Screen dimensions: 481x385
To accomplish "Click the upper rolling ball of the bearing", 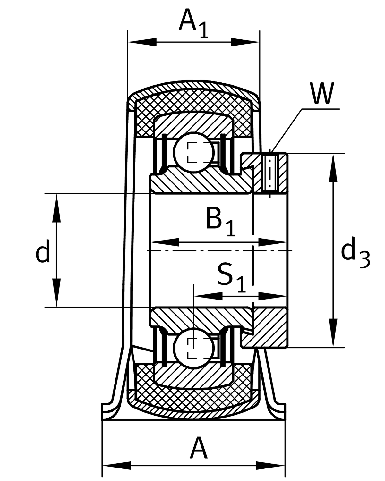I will (193, 153).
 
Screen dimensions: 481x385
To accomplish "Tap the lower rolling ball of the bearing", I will (193, 348).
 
